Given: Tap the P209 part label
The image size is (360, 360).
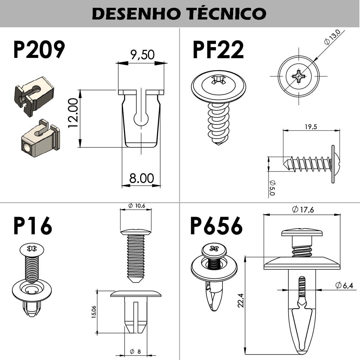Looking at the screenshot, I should click(x=39, y=50).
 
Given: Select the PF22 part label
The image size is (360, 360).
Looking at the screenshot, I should click(x=218, y=50).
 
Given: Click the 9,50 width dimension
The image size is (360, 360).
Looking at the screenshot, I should click(x=142, y=55).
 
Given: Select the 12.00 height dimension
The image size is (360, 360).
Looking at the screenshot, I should click(x=73, y=113).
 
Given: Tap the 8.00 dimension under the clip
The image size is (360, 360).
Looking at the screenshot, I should click(x=141, y=178).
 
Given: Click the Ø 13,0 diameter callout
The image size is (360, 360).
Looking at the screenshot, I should click(x=332, y=37).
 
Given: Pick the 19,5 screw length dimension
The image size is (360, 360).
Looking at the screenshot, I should click(x=311, y=127).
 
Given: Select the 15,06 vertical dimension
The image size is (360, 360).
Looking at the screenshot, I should click(x=94, y=312).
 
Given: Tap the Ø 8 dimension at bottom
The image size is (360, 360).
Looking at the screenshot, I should click(x=135, y=352).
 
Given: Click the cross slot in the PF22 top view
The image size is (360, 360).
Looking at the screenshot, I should click(x=299, y=76).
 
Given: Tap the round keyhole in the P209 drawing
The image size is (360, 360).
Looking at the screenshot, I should click(x=141, y=119).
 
